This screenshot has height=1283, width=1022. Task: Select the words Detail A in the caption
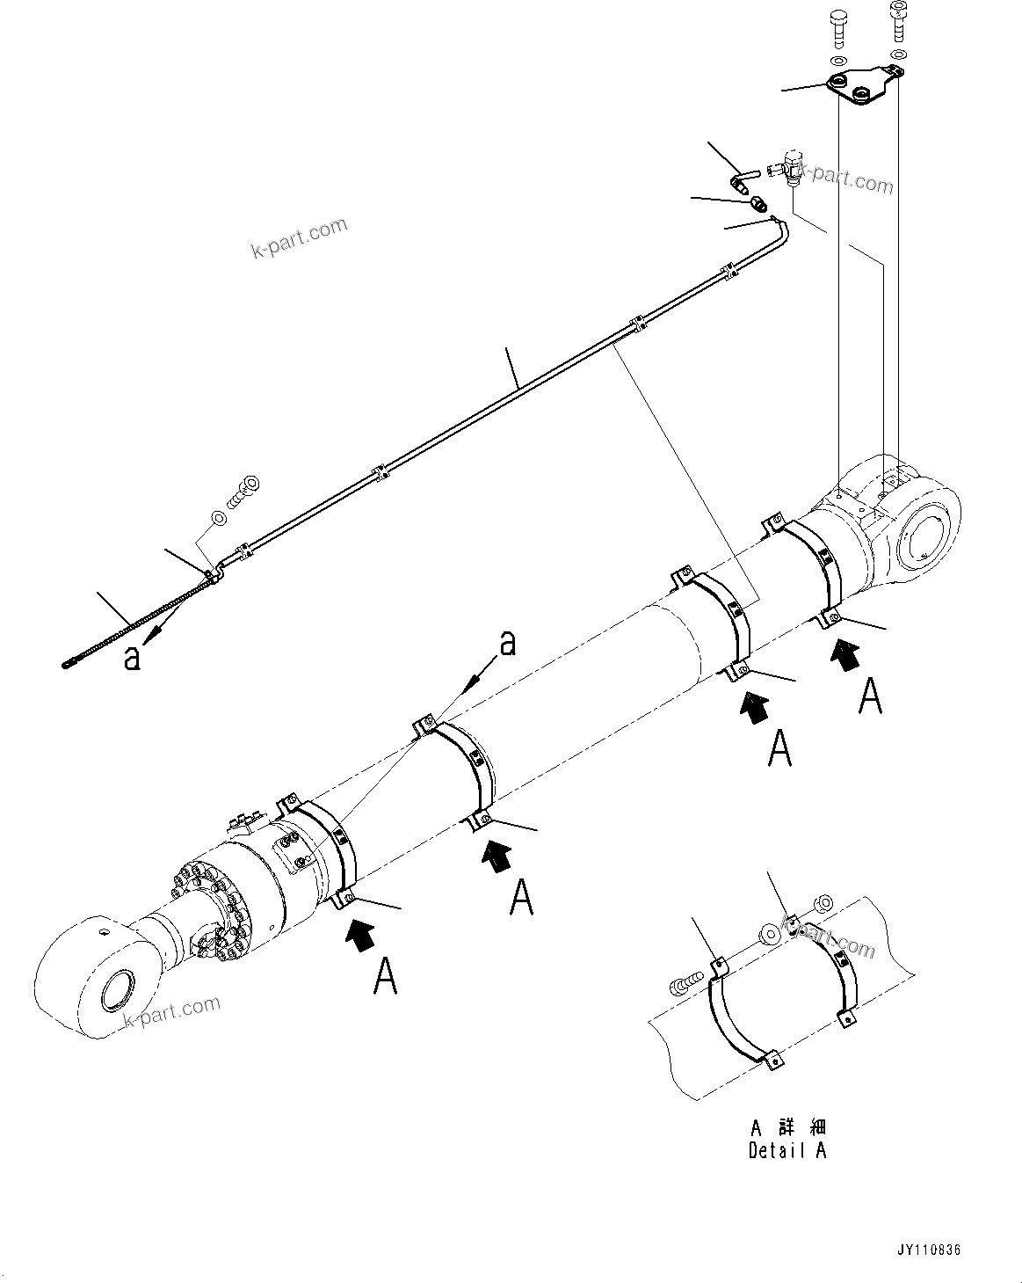[787, 1149]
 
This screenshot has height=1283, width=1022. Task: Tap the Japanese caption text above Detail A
[788, 1128]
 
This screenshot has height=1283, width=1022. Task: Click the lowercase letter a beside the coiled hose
[133, 658]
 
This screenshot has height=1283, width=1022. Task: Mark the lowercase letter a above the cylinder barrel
[508, 645]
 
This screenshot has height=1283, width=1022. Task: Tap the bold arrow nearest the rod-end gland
[361, 935]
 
